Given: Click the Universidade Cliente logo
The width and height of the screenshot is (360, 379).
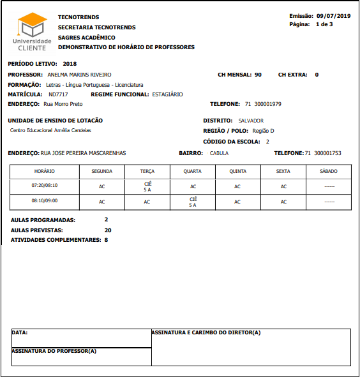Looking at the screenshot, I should click(33, 33).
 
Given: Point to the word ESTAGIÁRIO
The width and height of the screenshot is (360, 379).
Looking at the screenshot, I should click(167, 94).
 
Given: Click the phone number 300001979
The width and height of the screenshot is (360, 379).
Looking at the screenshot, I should click(267, 104).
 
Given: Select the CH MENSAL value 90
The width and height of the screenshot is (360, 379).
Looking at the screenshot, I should click(258, 75).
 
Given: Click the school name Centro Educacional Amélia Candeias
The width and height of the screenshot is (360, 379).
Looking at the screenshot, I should click(50, 130).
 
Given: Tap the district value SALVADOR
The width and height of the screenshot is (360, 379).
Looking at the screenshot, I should click(251, 121).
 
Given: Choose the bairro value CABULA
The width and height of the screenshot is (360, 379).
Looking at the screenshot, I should click(219, 153).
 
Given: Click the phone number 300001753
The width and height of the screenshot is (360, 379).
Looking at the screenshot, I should click(327, 153).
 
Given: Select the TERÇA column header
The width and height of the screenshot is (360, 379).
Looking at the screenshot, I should click(147, 172).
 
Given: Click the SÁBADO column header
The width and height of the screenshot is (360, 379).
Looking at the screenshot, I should click(329, 172).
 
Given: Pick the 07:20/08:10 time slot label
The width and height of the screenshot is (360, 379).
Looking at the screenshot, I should click(44, 185).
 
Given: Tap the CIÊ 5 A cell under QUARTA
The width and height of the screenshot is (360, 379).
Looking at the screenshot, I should click(192, 202).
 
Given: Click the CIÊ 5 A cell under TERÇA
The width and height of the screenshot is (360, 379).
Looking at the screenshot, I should click(147, 186).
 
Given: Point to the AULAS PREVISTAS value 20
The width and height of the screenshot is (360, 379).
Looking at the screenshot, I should click(108, 230).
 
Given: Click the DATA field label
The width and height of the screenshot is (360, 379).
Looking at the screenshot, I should click(20, 333).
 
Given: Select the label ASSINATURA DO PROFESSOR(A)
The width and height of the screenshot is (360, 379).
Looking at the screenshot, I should click(54, 351).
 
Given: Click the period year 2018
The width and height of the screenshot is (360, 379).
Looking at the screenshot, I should click(70, 64).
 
